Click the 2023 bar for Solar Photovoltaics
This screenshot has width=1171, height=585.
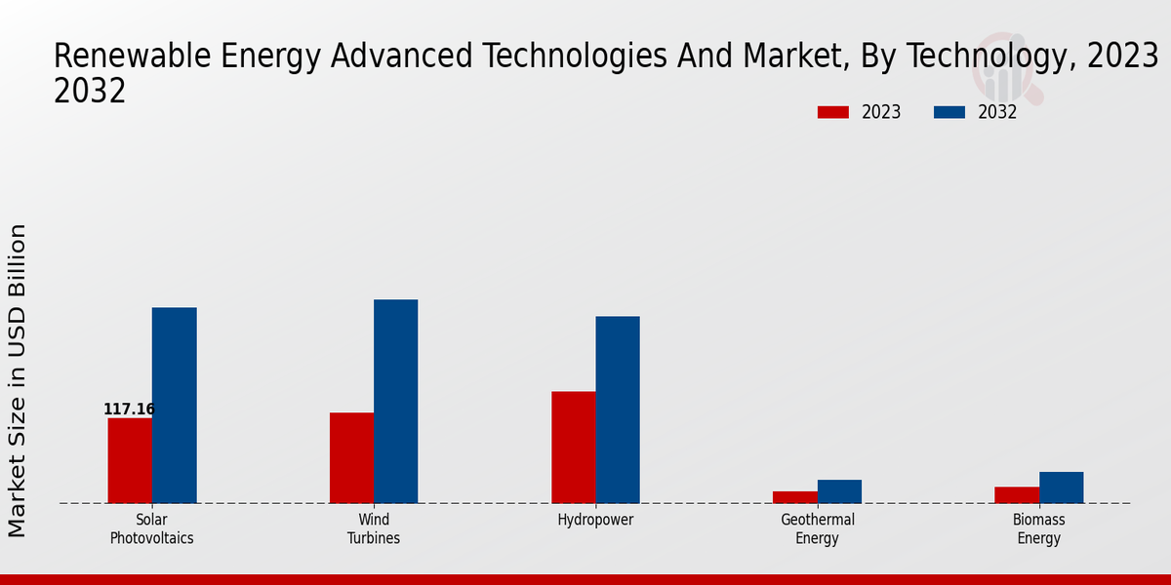(x=130, y=460)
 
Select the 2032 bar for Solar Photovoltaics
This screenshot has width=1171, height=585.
(x=174, y=406)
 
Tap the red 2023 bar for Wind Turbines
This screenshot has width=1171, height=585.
(x=351, y=457)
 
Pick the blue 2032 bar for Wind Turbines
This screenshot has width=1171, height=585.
(x=395, y=401)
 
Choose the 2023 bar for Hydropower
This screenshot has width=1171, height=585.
(x=573, y=447)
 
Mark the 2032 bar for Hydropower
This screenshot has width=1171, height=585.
(x=618, y=409)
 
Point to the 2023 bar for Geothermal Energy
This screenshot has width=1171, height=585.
(x=794, y=497)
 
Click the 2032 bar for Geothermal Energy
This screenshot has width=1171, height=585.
(x=839, y=491)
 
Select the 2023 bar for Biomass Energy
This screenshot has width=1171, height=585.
(x=1017, y=494)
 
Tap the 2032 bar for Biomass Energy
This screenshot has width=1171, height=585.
(x=1061, y=487)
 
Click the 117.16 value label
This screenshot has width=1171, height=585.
(x=129, y=409)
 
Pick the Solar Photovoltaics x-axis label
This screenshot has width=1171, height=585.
(x=151, y=528)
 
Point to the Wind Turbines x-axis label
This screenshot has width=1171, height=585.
(x=374, y=528)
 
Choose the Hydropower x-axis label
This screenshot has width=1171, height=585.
(x=595, y=520)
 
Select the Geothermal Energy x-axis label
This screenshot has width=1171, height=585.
(x=818, y=528)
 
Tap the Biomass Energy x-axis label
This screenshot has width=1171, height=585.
(x=1038, y=528)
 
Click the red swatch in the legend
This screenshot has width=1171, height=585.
(x=832, y=112)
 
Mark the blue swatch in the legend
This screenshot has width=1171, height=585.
(x=949, y=112)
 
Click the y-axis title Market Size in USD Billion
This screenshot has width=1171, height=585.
(x=18, y=380)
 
